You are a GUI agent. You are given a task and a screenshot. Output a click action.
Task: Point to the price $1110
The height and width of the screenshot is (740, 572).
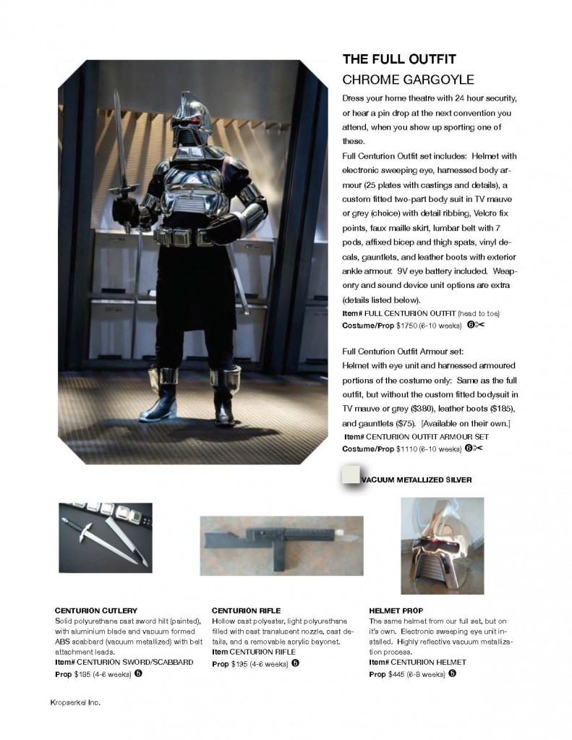click(x=408, y=448)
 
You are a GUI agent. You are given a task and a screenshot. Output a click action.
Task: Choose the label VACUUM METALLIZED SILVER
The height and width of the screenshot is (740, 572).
click(x=419, y=479)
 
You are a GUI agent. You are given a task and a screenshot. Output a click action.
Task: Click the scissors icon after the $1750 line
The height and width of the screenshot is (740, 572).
click(x=479, y=325)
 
